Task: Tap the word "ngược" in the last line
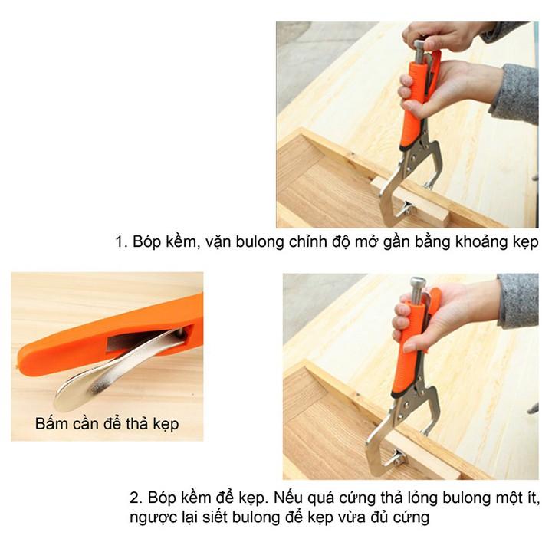[x=153, y=518]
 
